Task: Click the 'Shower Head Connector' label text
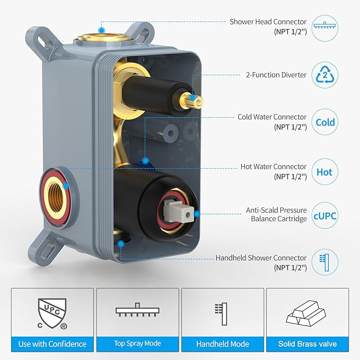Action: pyautogui.click(x=268, y=22)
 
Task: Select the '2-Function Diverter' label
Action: pyautogui.click(x=276, y=75)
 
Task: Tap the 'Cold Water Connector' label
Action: pyautogui.click(x=272, y=117)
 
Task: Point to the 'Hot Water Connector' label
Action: pyautogui.click(x=274, y=166)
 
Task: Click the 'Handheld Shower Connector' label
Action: pyautogui.click(x=261, y=258)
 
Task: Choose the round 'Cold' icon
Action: pyautogui.click(x=325, y=122)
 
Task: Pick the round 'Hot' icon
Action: pyautogui.click(x=325, y=172)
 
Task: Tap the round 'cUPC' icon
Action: pyautogui.click(x=325, y=216)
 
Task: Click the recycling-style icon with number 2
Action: pyautogui.click(x=325, y=74)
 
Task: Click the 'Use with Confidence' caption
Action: pyautogui.click(x=52, y=344)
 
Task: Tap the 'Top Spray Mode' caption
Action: pyautogui.click(x=137, y=344)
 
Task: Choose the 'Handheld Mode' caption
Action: pyautogui.click(x=223, y=344)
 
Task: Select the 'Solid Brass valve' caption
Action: pyautogui.click(x=308, y=344)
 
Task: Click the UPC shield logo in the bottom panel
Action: pyautogui.click(x=52, y=312)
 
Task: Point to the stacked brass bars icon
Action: pyautogui.click(x=308, y=313)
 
